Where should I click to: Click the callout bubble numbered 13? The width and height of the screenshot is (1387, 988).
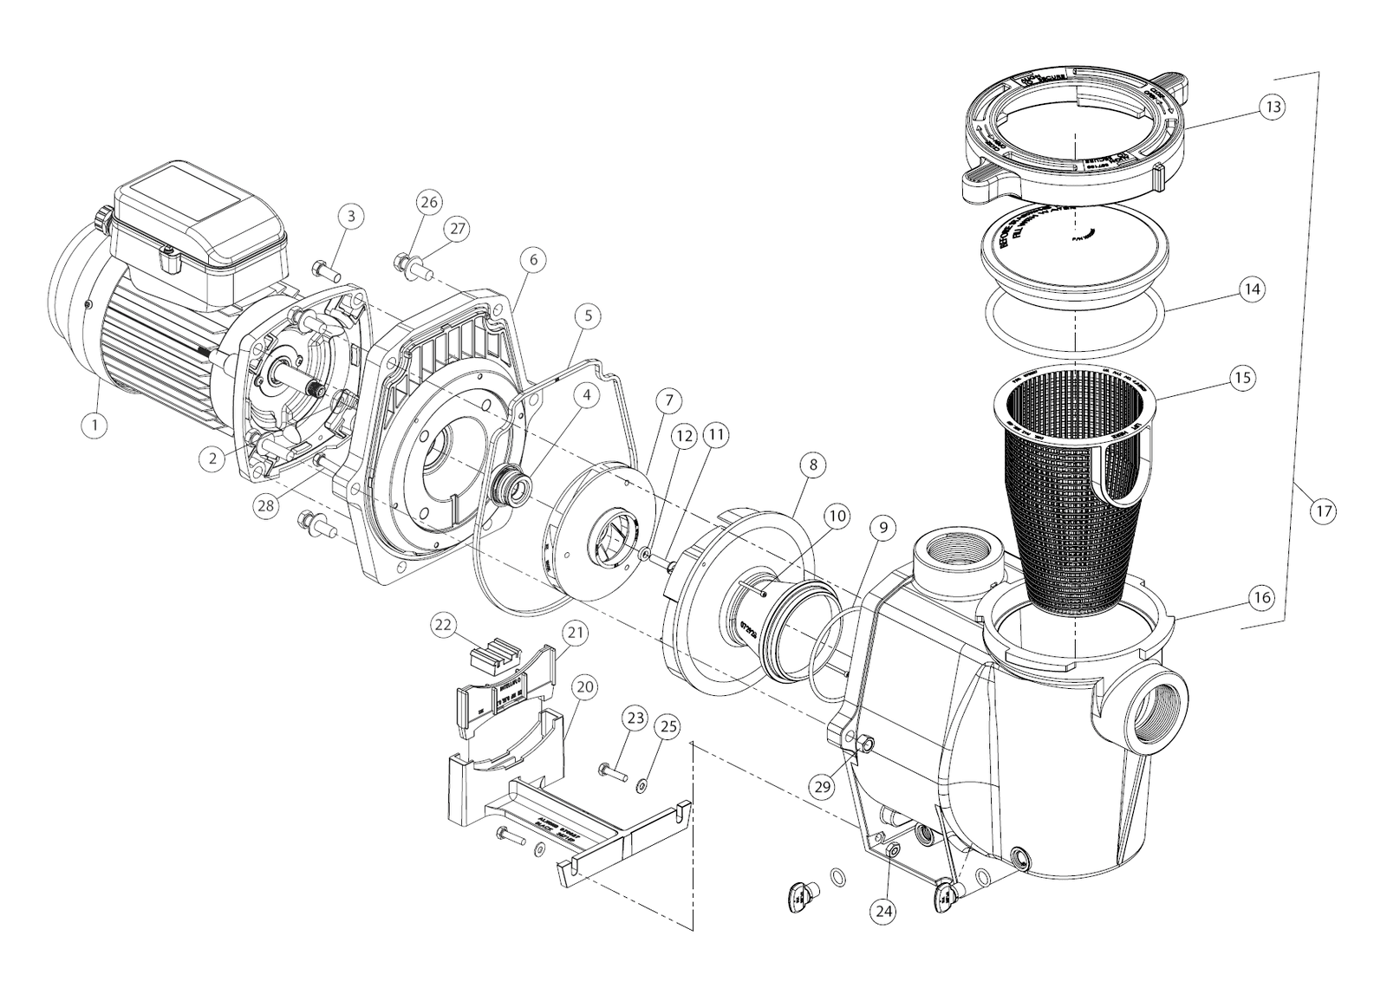click(x=1272, y=107)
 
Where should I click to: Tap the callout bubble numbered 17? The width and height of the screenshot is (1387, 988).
click(x=1323, y=511)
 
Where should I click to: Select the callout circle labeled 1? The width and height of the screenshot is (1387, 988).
click(x=94, y=425)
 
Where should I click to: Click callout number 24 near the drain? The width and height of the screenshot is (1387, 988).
click(x=885, y=911)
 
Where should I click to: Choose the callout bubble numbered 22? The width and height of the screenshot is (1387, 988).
click(x=444, y=625)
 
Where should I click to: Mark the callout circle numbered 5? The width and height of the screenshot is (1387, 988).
click(x=588, y=316)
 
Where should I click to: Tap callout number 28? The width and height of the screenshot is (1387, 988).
click(x=267, y=505)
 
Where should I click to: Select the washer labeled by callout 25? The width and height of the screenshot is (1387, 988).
click(x=641, y=786)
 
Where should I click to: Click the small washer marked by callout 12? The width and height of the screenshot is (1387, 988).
click(x=646, y=552)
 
